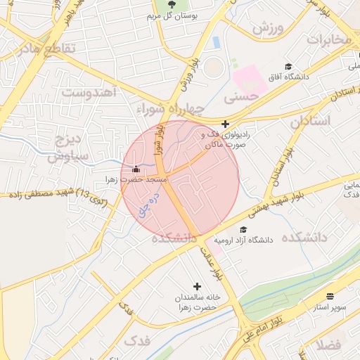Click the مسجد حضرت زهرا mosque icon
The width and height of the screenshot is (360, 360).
click(136, 169)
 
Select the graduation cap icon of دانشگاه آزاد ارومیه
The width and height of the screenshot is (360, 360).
click(243, 229)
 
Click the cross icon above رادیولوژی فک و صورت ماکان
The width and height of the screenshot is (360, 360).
click(225, 124)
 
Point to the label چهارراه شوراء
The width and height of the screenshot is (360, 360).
click(168, 108)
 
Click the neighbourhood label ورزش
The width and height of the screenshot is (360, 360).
click(266, 30)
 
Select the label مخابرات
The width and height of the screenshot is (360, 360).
click(328, 40)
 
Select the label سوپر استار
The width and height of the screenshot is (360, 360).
click(330, 307)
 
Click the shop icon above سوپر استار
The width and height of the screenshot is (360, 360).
click(330, 297)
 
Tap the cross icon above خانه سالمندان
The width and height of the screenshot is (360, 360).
click(197, 286)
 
